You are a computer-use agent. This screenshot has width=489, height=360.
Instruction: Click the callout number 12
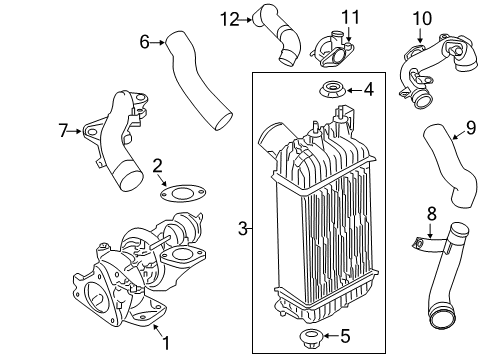[230, 20]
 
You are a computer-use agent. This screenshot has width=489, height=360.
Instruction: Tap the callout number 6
[144, 42]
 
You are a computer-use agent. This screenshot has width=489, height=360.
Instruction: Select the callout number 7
[63, 131]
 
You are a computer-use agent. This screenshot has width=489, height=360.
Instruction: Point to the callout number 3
[243, 229]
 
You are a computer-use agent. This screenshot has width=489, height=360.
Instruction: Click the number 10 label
[422, 18]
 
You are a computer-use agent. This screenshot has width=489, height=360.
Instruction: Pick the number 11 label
[351, 17]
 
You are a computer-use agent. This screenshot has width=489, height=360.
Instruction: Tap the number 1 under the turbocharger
[166, 343]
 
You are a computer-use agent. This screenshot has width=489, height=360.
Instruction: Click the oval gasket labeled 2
[183, 193]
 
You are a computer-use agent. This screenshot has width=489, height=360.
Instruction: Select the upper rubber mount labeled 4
[331, 90]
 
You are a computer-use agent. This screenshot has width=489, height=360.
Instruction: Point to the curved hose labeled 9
[450, 165]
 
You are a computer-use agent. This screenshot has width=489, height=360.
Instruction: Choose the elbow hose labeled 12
[277, 34]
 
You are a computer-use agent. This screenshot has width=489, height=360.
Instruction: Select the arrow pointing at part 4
[355, 90]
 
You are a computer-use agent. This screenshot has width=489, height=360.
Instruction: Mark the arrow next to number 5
[330, 336]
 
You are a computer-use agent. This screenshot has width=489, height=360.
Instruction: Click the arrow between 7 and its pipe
[75, 131]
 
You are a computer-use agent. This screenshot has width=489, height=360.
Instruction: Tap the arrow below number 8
[430, 232]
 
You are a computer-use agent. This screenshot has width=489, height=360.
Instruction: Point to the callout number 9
[471, 128]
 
